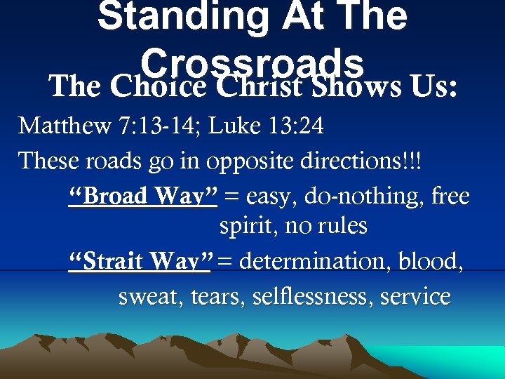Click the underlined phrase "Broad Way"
click(x=144, y=197)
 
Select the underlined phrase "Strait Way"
click(x=141, y=262)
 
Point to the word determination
click(x=316, y=262)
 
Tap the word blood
click(x=429, y=262)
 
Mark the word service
click(x=415, y=297)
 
